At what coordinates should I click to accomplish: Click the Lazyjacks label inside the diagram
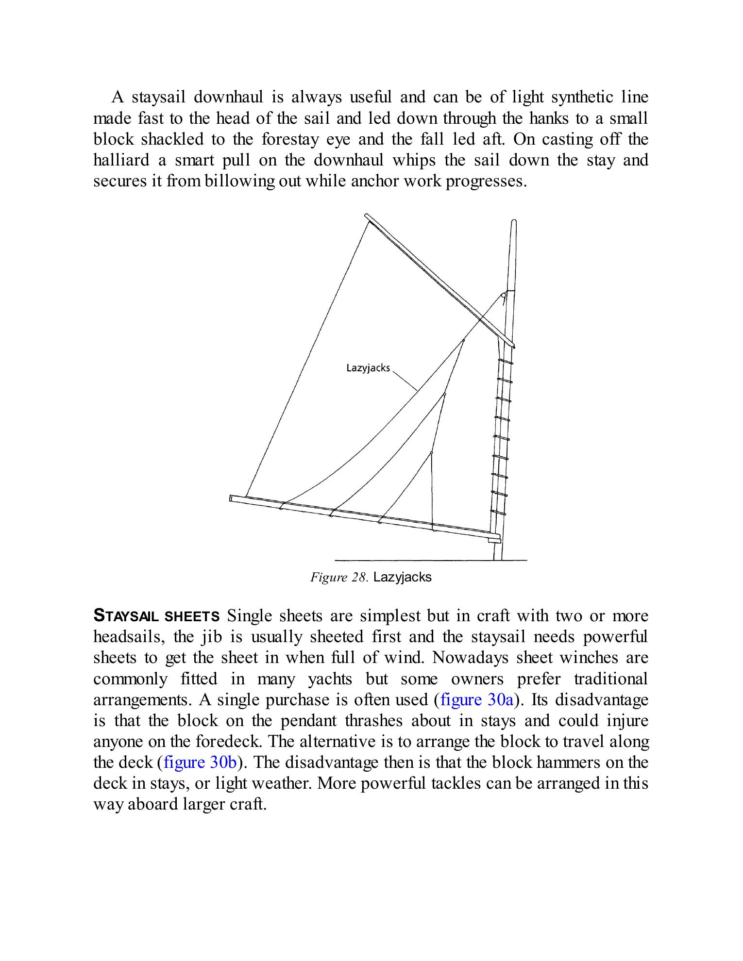(x=368, y=368)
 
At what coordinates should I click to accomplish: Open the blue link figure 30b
(x=200, y=762)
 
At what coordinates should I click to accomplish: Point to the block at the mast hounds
(x=504, y=295)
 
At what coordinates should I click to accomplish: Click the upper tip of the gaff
(x=367, y=216)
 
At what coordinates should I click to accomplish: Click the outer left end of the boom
(x=232, y=498)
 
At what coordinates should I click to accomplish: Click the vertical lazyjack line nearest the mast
(x=432, y=490)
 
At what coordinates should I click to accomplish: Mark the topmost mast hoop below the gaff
(x=506, y=363)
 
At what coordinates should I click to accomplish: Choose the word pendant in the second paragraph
(x=308, y=720)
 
